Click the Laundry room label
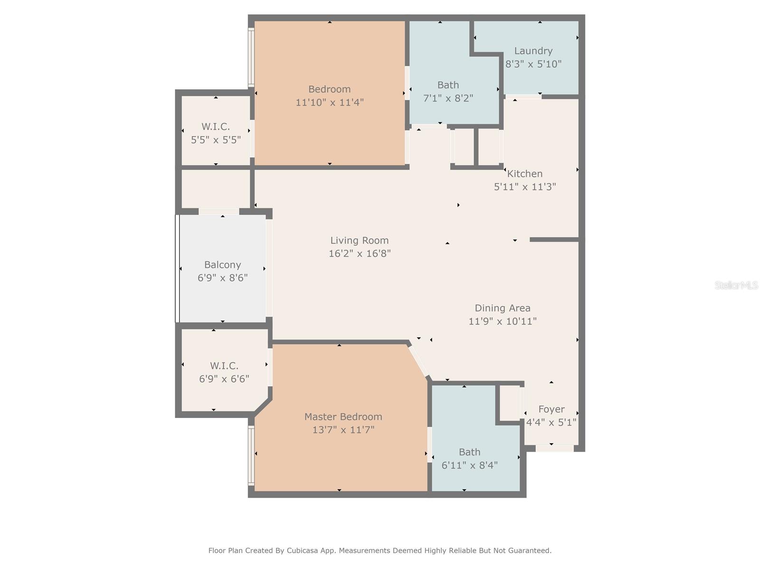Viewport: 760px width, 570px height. tap(533, 51)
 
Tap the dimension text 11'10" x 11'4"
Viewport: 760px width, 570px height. tap(330, 102)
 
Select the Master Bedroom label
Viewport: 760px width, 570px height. tap(343, 417)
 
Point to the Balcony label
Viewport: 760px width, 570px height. tap(222, 265)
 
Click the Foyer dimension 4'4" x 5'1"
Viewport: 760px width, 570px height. tap(551, 422)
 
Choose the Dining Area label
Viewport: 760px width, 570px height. tap(503, 308)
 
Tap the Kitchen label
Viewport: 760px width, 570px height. tap(525, 173)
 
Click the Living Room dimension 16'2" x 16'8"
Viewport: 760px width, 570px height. tap(360, 253)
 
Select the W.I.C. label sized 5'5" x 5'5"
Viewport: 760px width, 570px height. tap(216, 126)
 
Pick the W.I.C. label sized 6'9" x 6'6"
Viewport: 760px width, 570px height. tap(224, 366)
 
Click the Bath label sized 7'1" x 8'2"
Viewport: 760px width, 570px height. tap(448, 85)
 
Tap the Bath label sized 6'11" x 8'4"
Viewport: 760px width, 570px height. tap(469, 452)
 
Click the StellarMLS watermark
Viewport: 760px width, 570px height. tap(736, 285)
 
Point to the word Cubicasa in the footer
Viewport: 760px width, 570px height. tap(304, 551)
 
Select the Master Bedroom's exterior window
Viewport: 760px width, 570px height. tap(251, 455)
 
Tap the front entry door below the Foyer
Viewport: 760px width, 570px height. tap(554, 448)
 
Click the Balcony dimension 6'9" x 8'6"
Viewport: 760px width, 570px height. tap(222, 278)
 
